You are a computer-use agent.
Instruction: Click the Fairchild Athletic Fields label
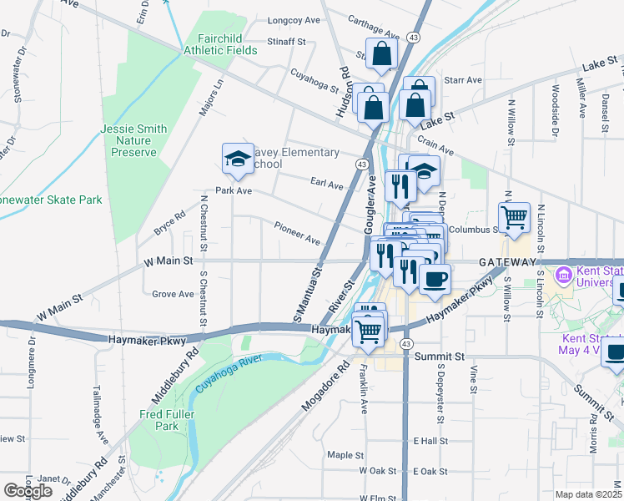[228, 44]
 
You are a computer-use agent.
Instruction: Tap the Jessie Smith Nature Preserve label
[133, 140]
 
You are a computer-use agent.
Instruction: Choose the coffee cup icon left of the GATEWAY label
[435, 279]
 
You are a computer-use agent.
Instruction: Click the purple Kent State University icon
[565, 274]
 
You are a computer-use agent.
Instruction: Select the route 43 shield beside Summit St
[405, 344]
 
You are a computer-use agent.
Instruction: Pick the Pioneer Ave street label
[297, 233]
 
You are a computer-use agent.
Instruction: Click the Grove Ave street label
[173, 294]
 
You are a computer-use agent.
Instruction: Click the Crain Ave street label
[435, 145]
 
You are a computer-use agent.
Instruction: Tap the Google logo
[28, 490]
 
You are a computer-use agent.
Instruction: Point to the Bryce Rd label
[169, 224]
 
